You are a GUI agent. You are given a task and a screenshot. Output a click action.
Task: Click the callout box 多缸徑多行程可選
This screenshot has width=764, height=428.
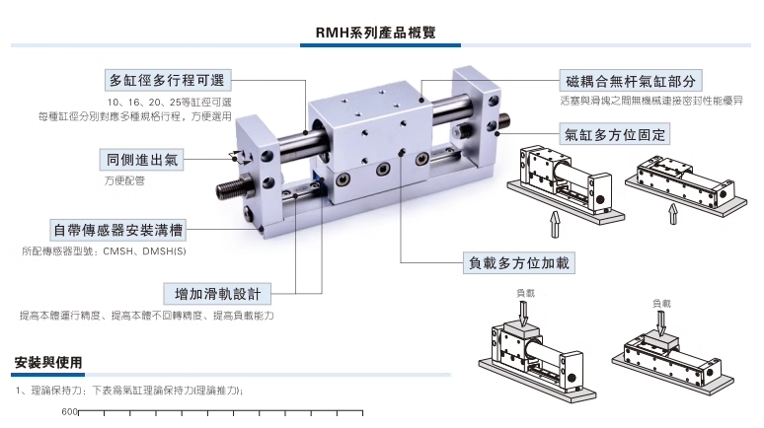tap(167, 80)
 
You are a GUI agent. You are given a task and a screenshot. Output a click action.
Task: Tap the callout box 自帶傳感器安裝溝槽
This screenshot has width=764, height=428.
tap(118, 231)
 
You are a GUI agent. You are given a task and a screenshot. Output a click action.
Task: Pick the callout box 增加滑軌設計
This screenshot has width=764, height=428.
tap(216, 293)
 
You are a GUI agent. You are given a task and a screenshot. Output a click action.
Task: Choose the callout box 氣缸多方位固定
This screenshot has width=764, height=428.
tap(615, 133)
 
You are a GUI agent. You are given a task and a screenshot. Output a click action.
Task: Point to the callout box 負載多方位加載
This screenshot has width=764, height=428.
tap(519, 262)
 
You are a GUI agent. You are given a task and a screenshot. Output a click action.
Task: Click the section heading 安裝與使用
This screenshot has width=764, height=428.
tap(48, 362)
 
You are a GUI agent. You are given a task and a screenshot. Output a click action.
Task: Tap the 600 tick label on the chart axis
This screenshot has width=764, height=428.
tap(69, 412)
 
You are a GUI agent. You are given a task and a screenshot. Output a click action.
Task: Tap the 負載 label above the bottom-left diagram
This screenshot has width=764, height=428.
tap(525, 293)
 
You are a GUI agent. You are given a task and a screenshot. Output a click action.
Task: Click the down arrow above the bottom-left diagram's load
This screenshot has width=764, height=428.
tap(525, 310)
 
